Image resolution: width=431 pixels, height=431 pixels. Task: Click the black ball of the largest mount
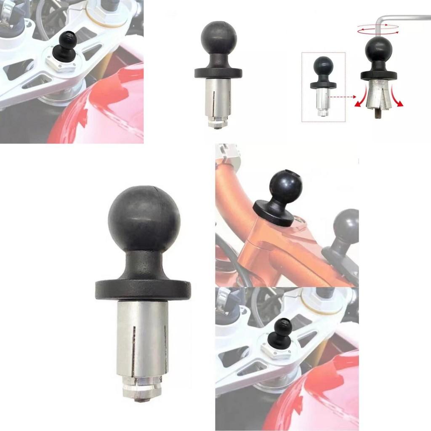[144, 221]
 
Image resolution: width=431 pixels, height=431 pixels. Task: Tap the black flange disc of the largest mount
[143, 290]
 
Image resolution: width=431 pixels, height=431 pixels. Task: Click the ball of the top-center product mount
[218, 38]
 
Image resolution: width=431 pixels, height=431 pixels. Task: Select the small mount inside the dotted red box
[323, 86]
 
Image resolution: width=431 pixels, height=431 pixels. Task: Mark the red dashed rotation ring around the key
[378, 28]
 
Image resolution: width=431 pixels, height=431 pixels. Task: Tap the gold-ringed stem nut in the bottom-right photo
[322, 299]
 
